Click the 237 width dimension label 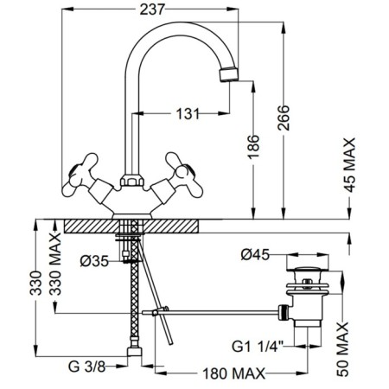pos(152,10)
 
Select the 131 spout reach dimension pos(188,113)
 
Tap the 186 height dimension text pos(253,147)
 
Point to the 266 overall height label pos(284,118)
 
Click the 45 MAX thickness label pos(350,165)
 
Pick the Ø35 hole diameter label pos(94,261)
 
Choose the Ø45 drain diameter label pos(255,255)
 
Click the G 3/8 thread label pos(86,367)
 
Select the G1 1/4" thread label pos(258,347)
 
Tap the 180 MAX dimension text pos(233,373)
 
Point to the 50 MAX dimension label pos(342,349)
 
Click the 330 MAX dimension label pos(55,264)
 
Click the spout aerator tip pos(229,74)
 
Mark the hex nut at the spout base pos(132,181)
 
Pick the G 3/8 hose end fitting pos(134,352)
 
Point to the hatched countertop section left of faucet pos(92,226)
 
